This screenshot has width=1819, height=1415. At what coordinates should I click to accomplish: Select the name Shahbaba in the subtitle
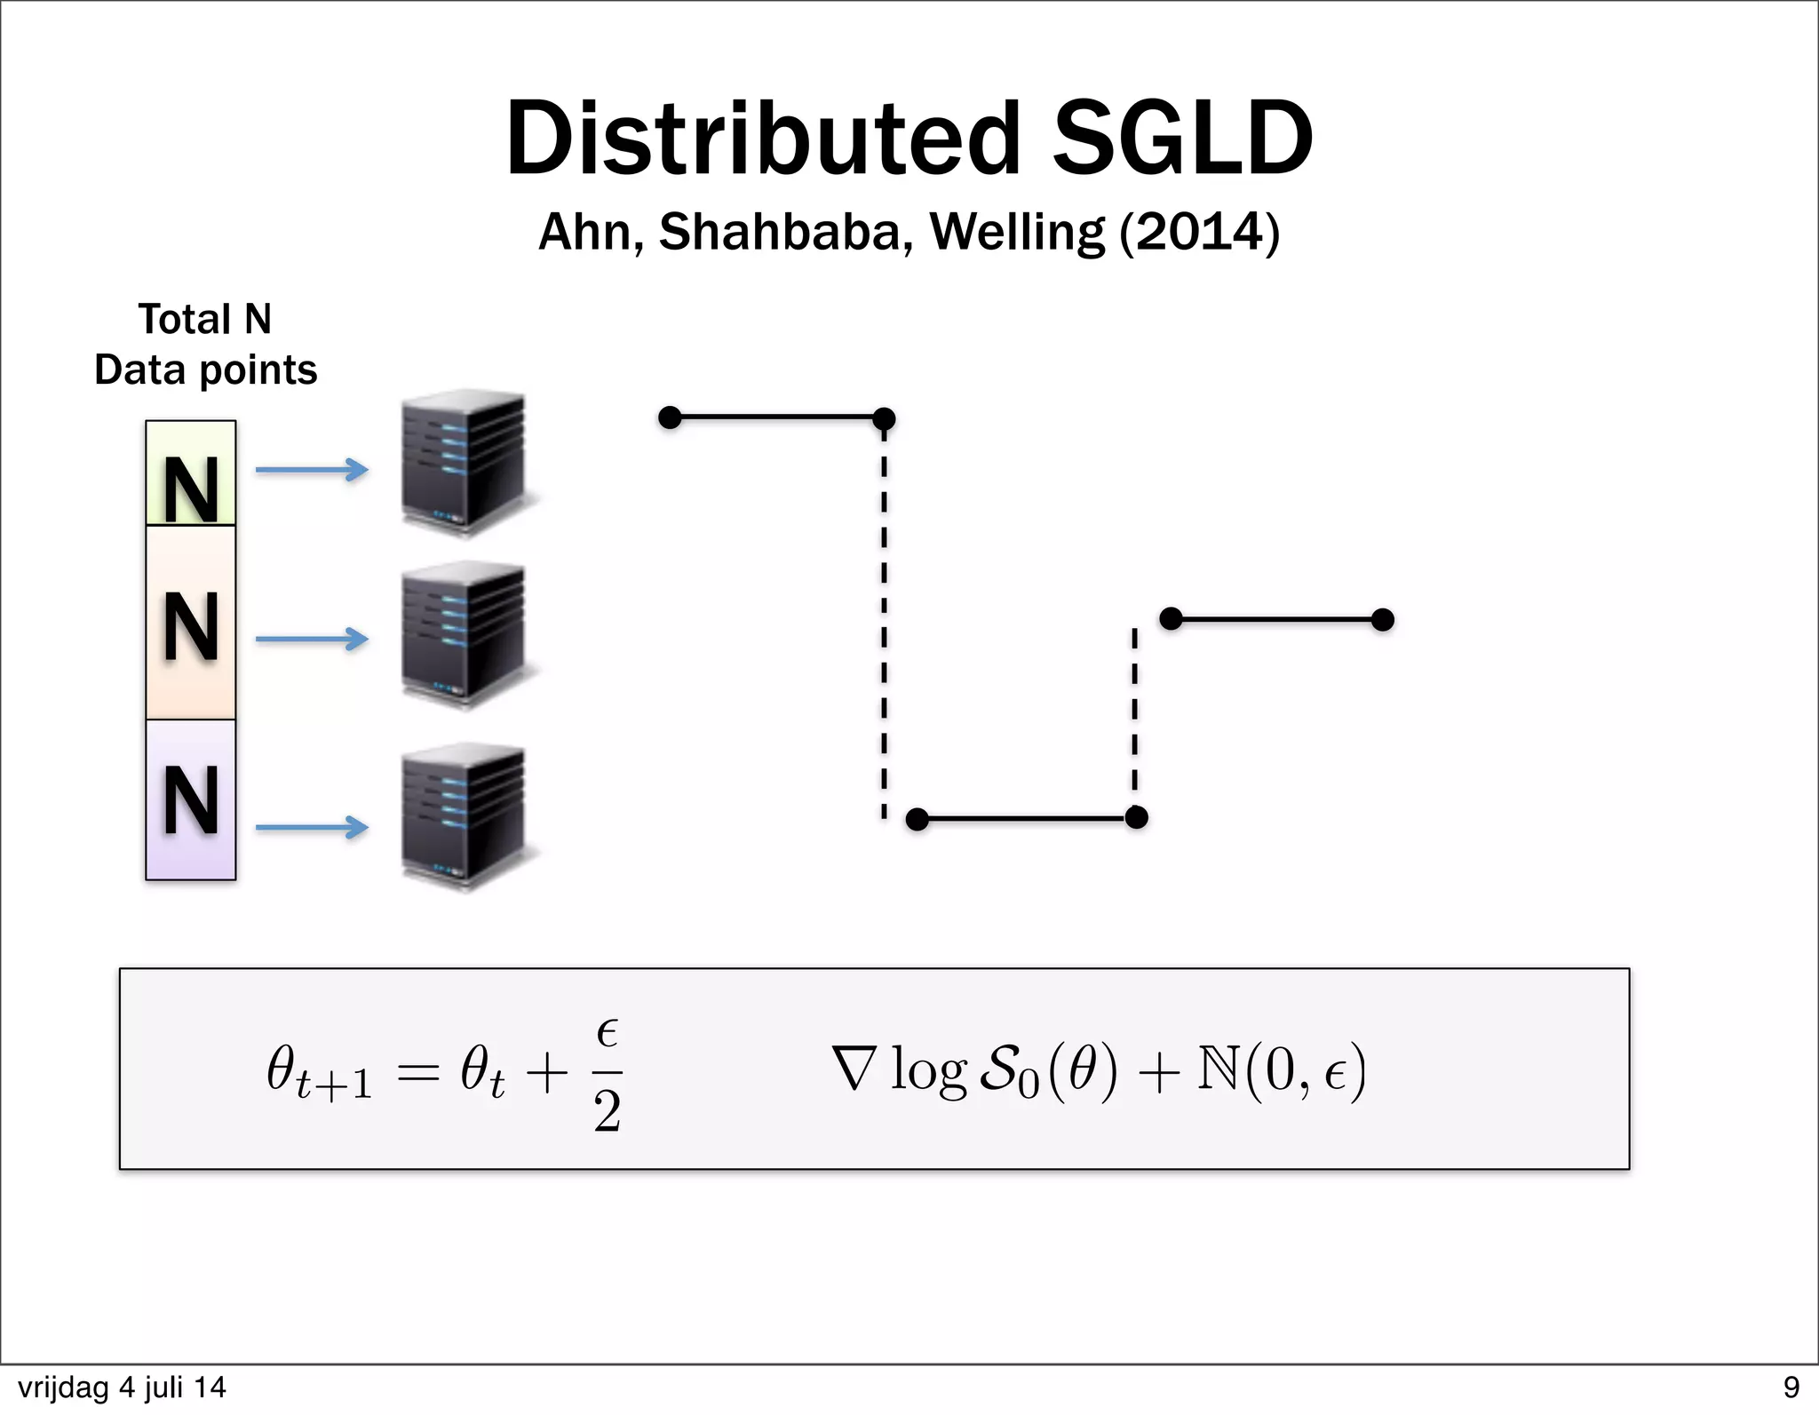click(785, 233)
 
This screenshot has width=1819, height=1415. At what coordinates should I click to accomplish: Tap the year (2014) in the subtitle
click(1199, 233)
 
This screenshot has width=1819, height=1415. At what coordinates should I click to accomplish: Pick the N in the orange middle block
click(191, 627)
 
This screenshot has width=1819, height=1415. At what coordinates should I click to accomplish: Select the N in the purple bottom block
click(191, 800)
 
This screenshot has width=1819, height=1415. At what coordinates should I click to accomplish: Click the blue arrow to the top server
click(311, 469)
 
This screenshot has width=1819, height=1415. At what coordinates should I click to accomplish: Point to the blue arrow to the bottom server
click(311, 827)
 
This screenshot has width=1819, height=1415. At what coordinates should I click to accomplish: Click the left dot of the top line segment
click(670, 417)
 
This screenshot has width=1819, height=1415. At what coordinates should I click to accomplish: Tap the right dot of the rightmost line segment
click(1382, 619)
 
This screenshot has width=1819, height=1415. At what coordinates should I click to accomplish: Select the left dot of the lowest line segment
click(917, 819)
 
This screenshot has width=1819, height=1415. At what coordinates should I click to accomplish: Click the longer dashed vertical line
click(884, 622)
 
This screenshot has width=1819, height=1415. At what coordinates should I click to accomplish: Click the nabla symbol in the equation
click(855, 1069)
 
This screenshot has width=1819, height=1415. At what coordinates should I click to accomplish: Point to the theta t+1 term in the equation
click(318, 1073)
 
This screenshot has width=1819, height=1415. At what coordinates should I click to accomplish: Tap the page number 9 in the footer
click(1791, 1387)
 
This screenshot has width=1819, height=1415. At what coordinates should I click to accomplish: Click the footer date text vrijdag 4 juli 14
click(122, 1387)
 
